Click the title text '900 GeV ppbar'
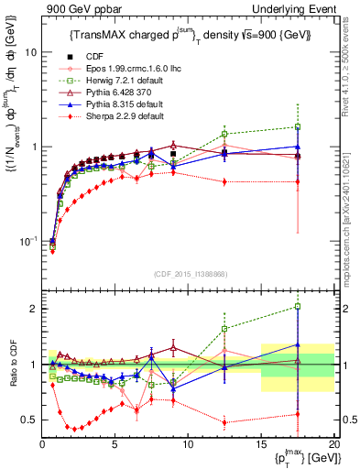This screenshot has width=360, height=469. coord(71,8)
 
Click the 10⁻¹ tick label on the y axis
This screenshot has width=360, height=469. coord(27,241)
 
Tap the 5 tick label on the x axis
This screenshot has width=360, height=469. coord(115,443)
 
